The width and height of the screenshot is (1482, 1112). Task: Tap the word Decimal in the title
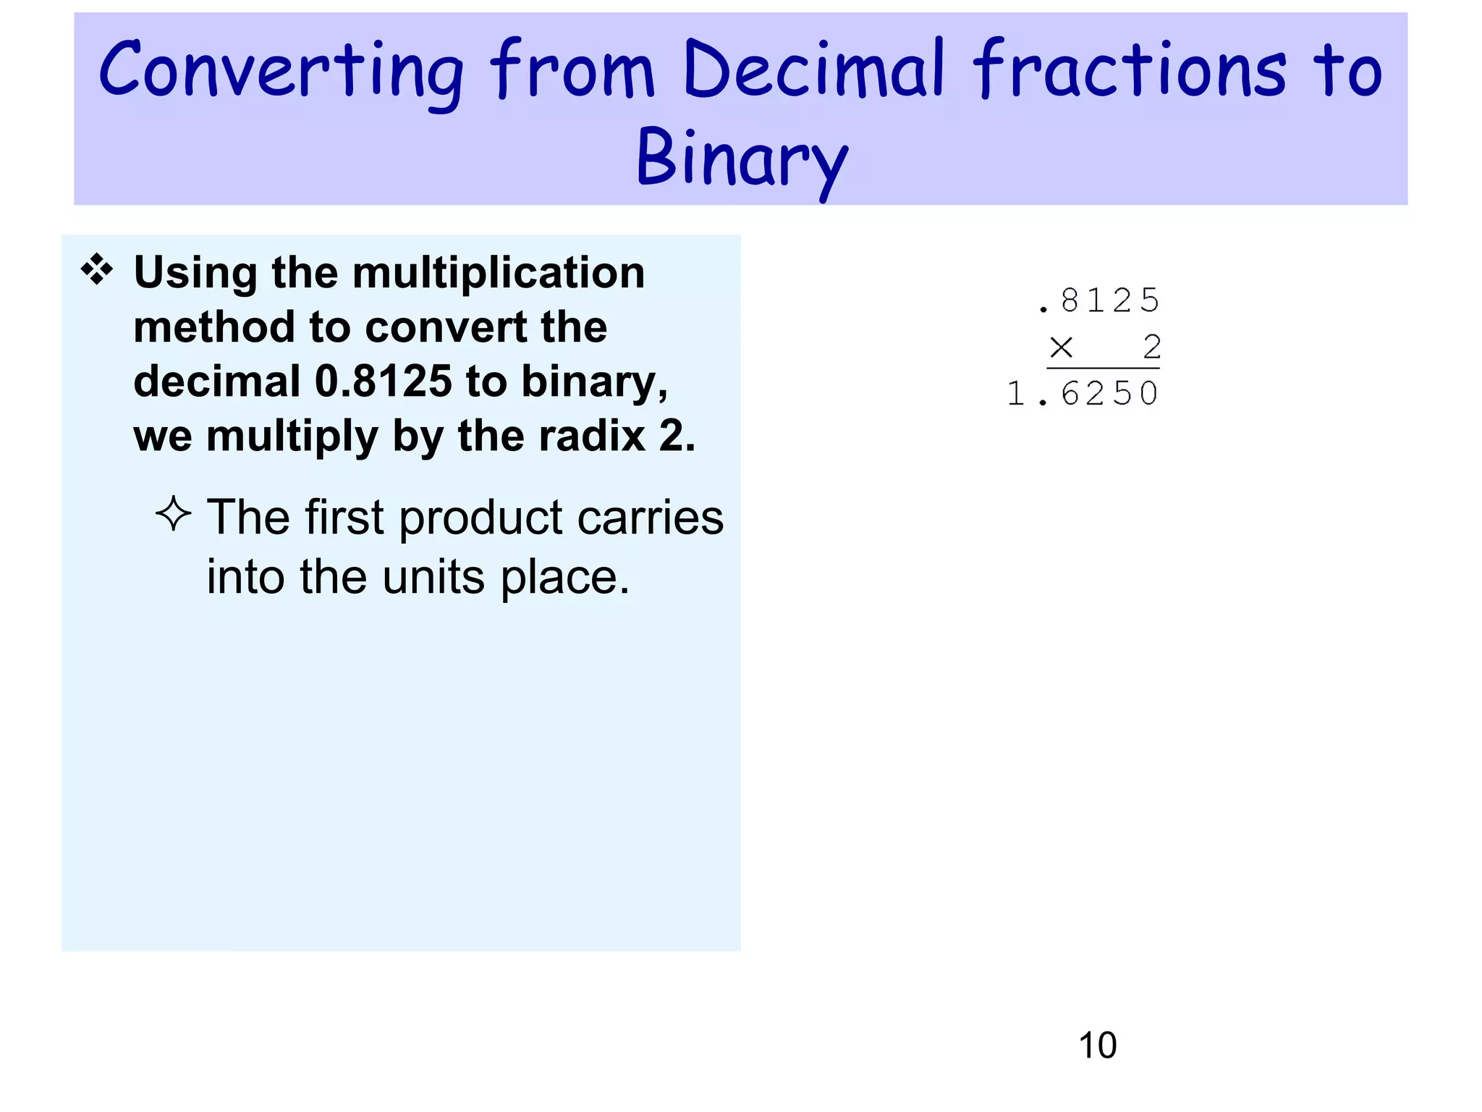click(813, 69)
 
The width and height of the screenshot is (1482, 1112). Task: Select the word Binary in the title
click(741, 159)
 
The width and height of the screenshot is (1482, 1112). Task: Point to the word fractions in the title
click(1129, 69)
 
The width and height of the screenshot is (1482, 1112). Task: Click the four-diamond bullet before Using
click(97, 271)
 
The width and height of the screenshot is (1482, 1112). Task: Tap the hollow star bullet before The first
click(174, 514)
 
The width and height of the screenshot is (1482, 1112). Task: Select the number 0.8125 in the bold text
click(384, 382)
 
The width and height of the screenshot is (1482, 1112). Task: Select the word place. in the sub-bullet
click(565, 578)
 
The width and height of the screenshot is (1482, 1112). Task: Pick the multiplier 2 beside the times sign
click(1152, 347)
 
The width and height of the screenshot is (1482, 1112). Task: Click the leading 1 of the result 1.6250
click(1015, 395)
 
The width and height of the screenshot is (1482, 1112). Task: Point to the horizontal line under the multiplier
click(1103, 369)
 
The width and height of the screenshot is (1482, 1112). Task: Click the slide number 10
click(1097, 1045)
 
